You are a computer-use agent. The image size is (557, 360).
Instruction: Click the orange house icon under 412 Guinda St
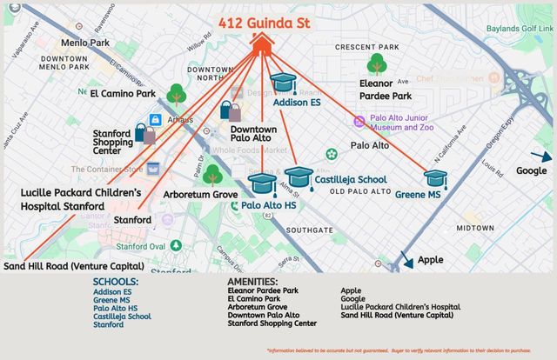coord(263,44)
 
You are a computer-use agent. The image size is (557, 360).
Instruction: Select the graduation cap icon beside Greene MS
coord(435,178)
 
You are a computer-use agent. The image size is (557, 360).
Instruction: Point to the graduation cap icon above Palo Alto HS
coord(261,183)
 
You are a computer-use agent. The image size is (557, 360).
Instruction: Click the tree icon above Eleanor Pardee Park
coord(377,63)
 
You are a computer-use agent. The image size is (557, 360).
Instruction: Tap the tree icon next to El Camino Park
coord(177,93)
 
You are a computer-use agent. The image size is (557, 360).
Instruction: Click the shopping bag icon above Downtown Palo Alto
coord(231,110)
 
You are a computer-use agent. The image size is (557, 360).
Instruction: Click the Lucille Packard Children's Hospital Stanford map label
coord(80,198)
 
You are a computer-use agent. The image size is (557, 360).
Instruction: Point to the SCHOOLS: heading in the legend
coord(115,282)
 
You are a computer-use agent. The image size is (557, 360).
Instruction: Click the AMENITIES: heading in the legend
coord(252,282)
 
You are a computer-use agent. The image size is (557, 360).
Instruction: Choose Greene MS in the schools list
coord(111,300)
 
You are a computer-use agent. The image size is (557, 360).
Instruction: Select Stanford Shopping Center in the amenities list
coord(272,323)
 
